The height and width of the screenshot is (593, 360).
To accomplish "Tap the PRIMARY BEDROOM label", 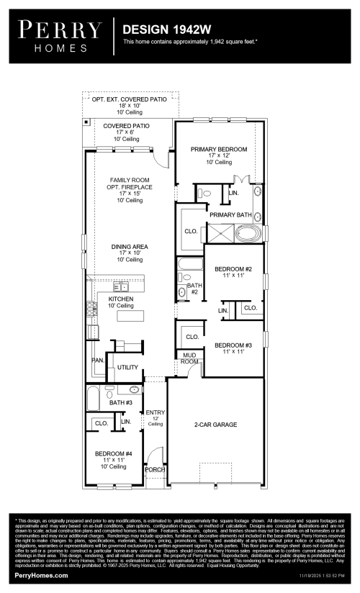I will [x=219, y=149].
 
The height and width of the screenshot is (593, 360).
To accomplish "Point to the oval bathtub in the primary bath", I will [x=249, y=234].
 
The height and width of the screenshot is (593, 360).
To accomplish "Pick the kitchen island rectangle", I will [x=131, y=316].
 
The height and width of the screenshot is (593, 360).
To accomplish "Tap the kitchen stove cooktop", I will [x=91, y=309].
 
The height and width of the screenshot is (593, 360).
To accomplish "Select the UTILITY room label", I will [x=127, y=368].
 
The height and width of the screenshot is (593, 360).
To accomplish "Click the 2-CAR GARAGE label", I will [x=215, y=425].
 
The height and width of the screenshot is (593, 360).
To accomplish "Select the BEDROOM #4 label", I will [x=114, y=453].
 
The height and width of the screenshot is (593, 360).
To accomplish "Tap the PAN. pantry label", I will [x=97, y=360].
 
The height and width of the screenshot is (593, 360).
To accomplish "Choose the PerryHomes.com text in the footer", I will [x=41, y=576].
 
